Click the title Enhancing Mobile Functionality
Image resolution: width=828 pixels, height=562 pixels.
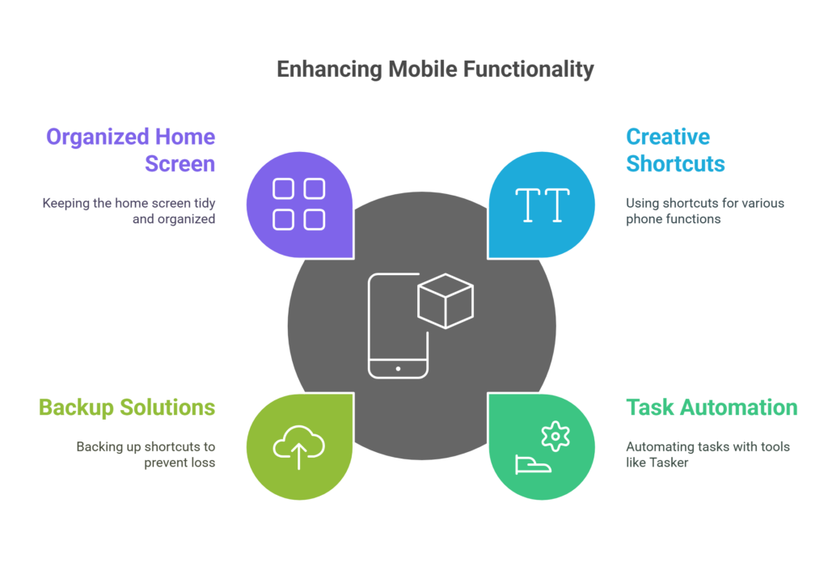(435, 70)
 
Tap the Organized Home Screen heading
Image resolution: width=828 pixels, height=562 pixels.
(130, 150)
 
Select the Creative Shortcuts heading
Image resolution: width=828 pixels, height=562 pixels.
(675, 150)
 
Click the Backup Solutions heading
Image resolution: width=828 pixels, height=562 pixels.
(127, 407)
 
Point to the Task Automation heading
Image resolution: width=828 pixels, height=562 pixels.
(712, 407)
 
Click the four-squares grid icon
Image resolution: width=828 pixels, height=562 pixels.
(298, 204)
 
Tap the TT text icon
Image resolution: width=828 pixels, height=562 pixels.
(543, 205)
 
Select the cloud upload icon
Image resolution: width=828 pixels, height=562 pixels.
(298, 446)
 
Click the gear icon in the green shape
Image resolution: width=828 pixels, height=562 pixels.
(555, 436)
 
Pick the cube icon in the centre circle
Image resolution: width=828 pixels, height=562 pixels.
(445, 300)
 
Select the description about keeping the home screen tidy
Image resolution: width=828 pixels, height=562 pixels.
(129, 211)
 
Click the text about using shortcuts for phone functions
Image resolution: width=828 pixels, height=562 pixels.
(705, 211)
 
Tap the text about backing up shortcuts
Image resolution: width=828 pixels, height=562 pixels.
(146, 454)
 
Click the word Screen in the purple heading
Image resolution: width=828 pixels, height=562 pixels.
(180, 163)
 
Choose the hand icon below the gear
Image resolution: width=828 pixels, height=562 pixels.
(533, 464)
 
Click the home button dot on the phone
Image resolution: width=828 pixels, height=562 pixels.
(397, 368)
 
